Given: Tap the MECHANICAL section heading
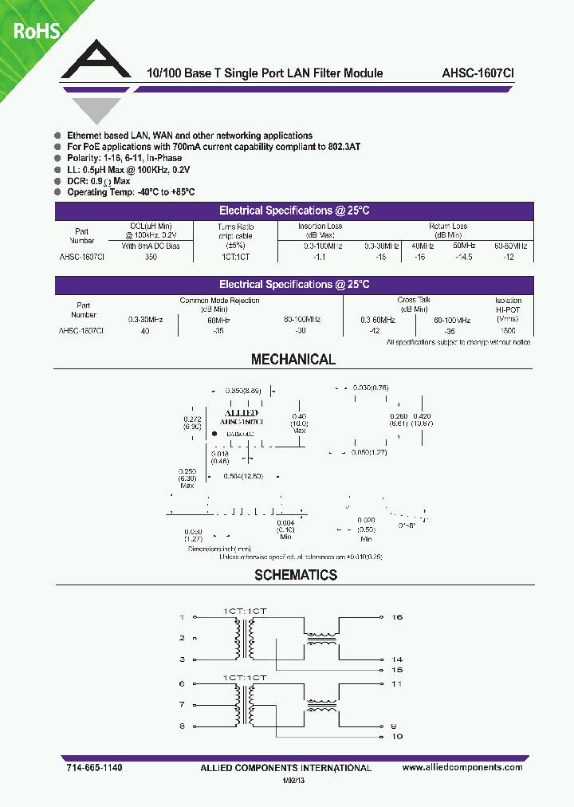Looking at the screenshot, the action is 293,360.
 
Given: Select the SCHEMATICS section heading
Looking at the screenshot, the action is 296,575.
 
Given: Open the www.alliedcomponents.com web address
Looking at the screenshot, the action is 462,767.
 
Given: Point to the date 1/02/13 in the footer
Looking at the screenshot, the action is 294,782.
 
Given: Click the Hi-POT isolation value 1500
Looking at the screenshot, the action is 508,330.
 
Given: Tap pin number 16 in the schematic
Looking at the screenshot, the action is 397,617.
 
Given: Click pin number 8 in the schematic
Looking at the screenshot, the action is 182,726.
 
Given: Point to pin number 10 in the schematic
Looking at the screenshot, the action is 397,736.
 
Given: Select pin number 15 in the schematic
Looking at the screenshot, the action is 397,670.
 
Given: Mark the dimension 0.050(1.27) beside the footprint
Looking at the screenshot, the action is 369,452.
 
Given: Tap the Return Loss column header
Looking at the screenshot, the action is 446,226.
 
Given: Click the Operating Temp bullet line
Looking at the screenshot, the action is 131,192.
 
